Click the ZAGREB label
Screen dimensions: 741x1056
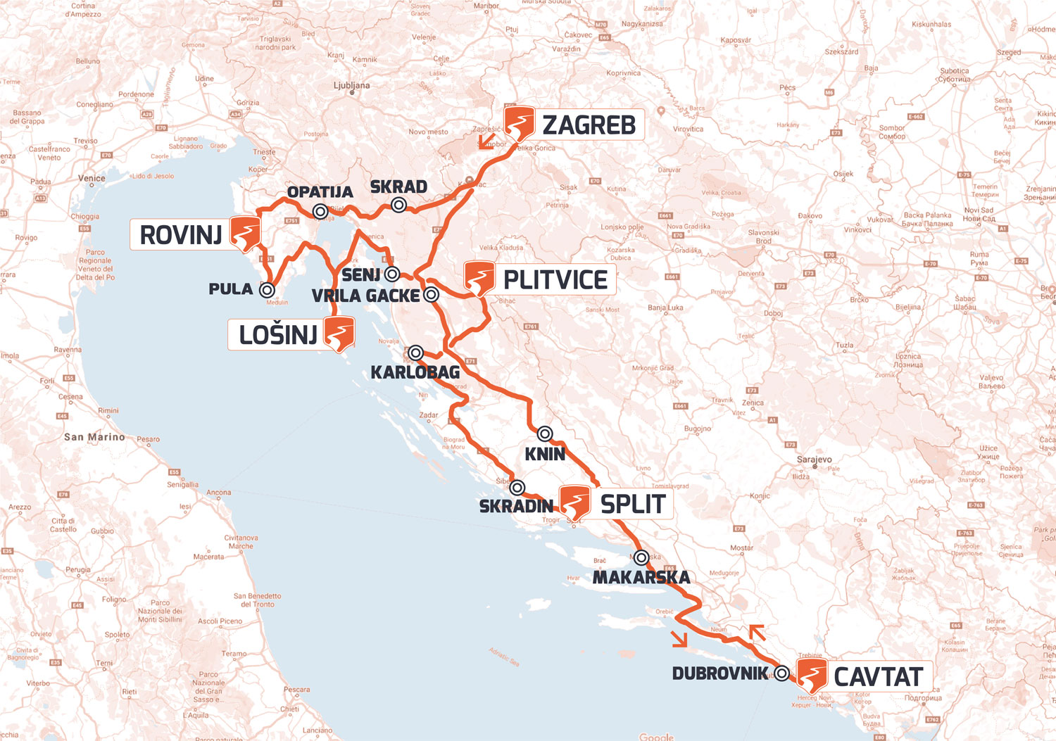click(589, 125)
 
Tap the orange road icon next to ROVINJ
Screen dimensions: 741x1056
click(246, 234)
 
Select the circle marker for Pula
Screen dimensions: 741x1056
click(267, 289)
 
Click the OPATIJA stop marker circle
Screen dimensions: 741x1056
click(320, 210)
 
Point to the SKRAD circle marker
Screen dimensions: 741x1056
click(399, 205)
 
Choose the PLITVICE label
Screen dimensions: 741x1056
click(555, 279)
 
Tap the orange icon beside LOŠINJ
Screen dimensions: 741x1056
click(339, 334)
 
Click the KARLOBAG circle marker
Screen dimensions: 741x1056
click(416, 353)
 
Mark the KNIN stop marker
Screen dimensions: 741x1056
click(544, 433)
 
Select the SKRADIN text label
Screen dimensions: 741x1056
click(516, 506)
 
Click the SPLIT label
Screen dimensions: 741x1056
click(632, 504)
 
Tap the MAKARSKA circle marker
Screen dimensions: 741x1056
click(641, 558)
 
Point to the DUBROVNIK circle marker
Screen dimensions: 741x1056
click(782, 673)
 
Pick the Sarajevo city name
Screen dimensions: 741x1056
click(815, 460)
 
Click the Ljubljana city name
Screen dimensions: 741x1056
click(351, 86)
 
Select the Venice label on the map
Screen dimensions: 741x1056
click(92, 178)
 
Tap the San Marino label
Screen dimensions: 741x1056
click(94, 437)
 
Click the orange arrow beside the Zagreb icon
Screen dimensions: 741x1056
click(485, 143)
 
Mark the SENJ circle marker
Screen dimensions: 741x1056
click(392, 274)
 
